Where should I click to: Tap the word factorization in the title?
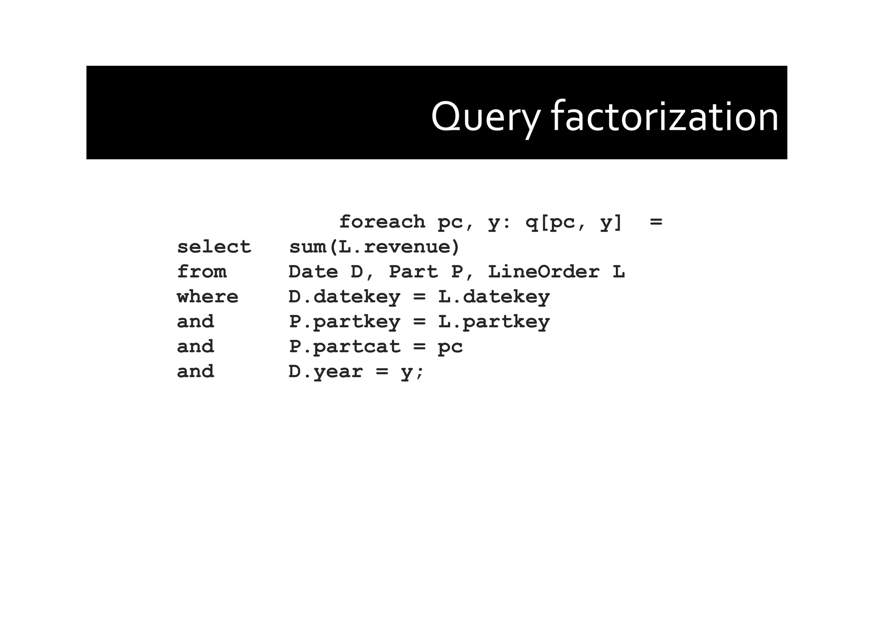click(x=665, y=117)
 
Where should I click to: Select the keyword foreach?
click(x=382, y=222)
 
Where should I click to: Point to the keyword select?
click(x=214, y=247)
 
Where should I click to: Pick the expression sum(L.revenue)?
click(x=374, y=247)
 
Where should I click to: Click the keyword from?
click(x=201, y=272)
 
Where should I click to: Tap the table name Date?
click(x=313, y=272)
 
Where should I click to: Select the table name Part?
click(x=413, y=272)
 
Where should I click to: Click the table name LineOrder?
click(x=544, y=272)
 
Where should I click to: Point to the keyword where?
click(x=207, y=297)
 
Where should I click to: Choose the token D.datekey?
click(x=344, y=297)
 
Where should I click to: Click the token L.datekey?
click(x=494, y=297)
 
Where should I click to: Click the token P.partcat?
click(x=344, y=347)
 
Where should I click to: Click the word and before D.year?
click(x=195, y=372)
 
